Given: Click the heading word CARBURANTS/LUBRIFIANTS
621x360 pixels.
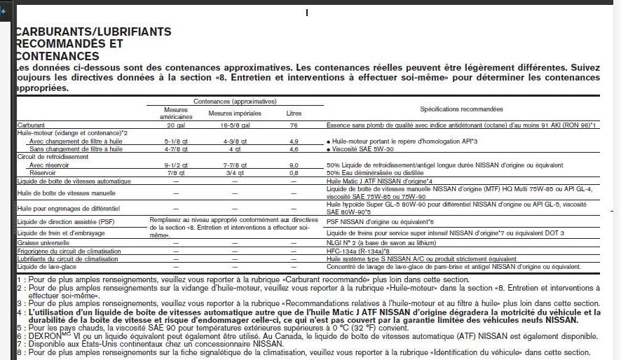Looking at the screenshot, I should (93, 32).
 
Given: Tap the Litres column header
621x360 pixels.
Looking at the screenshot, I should (294, 113).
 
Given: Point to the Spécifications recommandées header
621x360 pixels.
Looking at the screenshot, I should (461, 109).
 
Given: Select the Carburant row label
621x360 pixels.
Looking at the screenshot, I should (32, 125).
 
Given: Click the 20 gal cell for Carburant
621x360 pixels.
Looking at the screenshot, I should (175, 125).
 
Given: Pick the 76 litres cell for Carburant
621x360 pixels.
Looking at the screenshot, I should (294, 125).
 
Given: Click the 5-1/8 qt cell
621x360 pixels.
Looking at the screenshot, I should (175, 141).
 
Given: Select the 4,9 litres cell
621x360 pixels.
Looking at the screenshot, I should (294, 141).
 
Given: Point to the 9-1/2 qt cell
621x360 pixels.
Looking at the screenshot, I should (175, 165).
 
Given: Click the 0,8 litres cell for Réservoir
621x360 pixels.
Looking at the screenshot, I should (294, 172).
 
